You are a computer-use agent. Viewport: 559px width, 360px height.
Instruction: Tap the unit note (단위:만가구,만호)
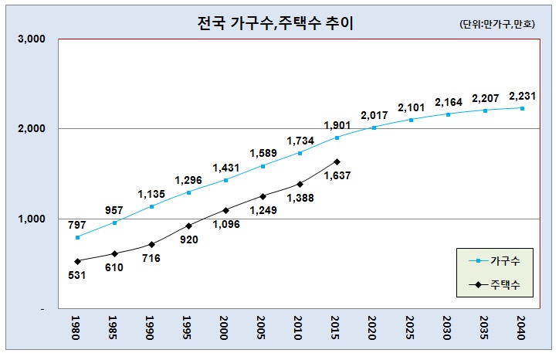(502, 25)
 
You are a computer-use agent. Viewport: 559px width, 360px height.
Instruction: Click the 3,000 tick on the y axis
(32, 39)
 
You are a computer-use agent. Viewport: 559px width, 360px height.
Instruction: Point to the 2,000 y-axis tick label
(32, 128)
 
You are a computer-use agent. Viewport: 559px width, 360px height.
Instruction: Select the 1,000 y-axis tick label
(32, 219)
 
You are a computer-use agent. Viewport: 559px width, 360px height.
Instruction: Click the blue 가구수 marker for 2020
(374, 127)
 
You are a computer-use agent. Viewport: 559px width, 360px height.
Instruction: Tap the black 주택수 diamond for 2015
(337, 161)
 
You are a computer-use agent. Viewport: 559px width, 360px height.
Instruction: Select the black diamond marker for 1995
(188, 226)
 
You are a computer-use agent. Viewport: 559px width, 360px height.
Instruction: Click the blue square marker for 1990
(151, 206)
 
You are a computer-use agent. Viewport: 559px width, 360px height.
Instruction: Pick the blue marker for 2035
(485, 110)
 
